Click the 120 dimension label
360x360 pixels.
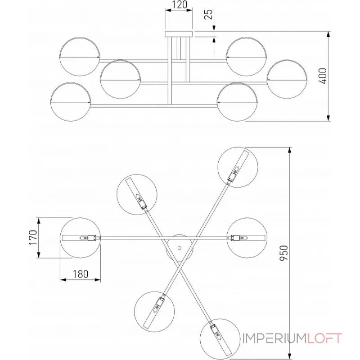(x=179, y=4)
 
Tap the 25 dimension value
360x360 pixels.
(x=209, y=14)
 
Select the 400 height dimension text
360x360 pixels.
(x=323, y=76)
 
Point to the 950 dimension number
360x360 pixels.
(x=284, y=253)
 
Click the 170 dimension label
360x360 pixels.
(x=33, y=238)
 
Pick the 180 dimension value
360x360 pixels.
(x=81, y=274)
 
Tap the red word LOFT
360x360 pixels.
(x=324, y=338)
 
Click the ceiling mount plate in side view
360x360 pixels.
(x=179, y=34)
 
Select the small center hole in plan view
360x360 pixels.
(x=180, y=248)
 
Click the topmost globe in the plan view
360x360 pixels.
(x=238, y=167)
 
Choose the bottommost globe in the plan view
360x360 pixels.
(x=220, y=339)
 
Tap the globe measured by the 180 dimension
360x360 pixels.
(x=81, y=238)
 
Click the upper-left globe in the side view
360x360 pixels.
(x=80, y=57)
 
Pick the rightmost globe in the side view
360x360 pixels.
(x=287, y=79)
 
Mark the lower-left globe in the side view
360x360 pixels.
(x=71, y=102)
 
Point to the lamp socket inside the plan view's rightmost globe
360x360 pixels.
(x=239, y=238)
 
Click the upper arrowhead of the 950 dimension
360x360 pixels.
(x=290, y=150)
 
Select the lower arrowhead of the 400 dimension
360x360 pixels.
(x=328, y=118)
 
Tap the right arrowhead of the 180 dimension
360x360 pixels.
(x=98, y=279)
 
